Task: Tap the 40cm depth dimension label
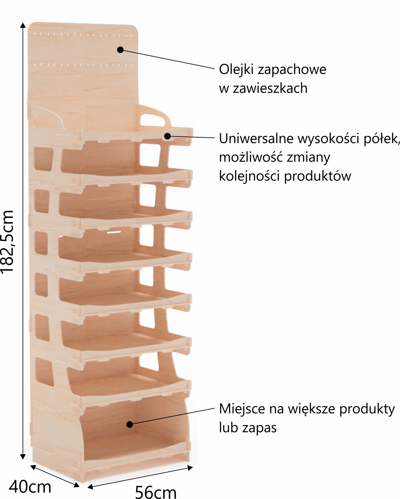(x=30, y=487)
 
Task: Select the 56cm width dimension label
(x=156, y=492)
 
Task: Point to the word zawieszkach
(x=270, y=88)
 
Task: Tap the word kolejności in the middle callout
(x=249, y=176)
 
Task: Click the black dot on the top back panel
(x=120, y=49)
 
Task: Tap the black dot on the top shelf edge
(x=167, y=136)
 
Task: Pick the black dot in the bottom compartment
(x=129, y=424)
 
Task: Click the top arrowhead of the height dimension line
(x=23, y=25)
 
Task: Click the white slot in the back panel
(x=114, y=232)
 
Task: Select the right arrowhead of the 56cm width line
(x=190, y=468)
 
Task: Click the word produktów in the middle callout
(x=318, y=176)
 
